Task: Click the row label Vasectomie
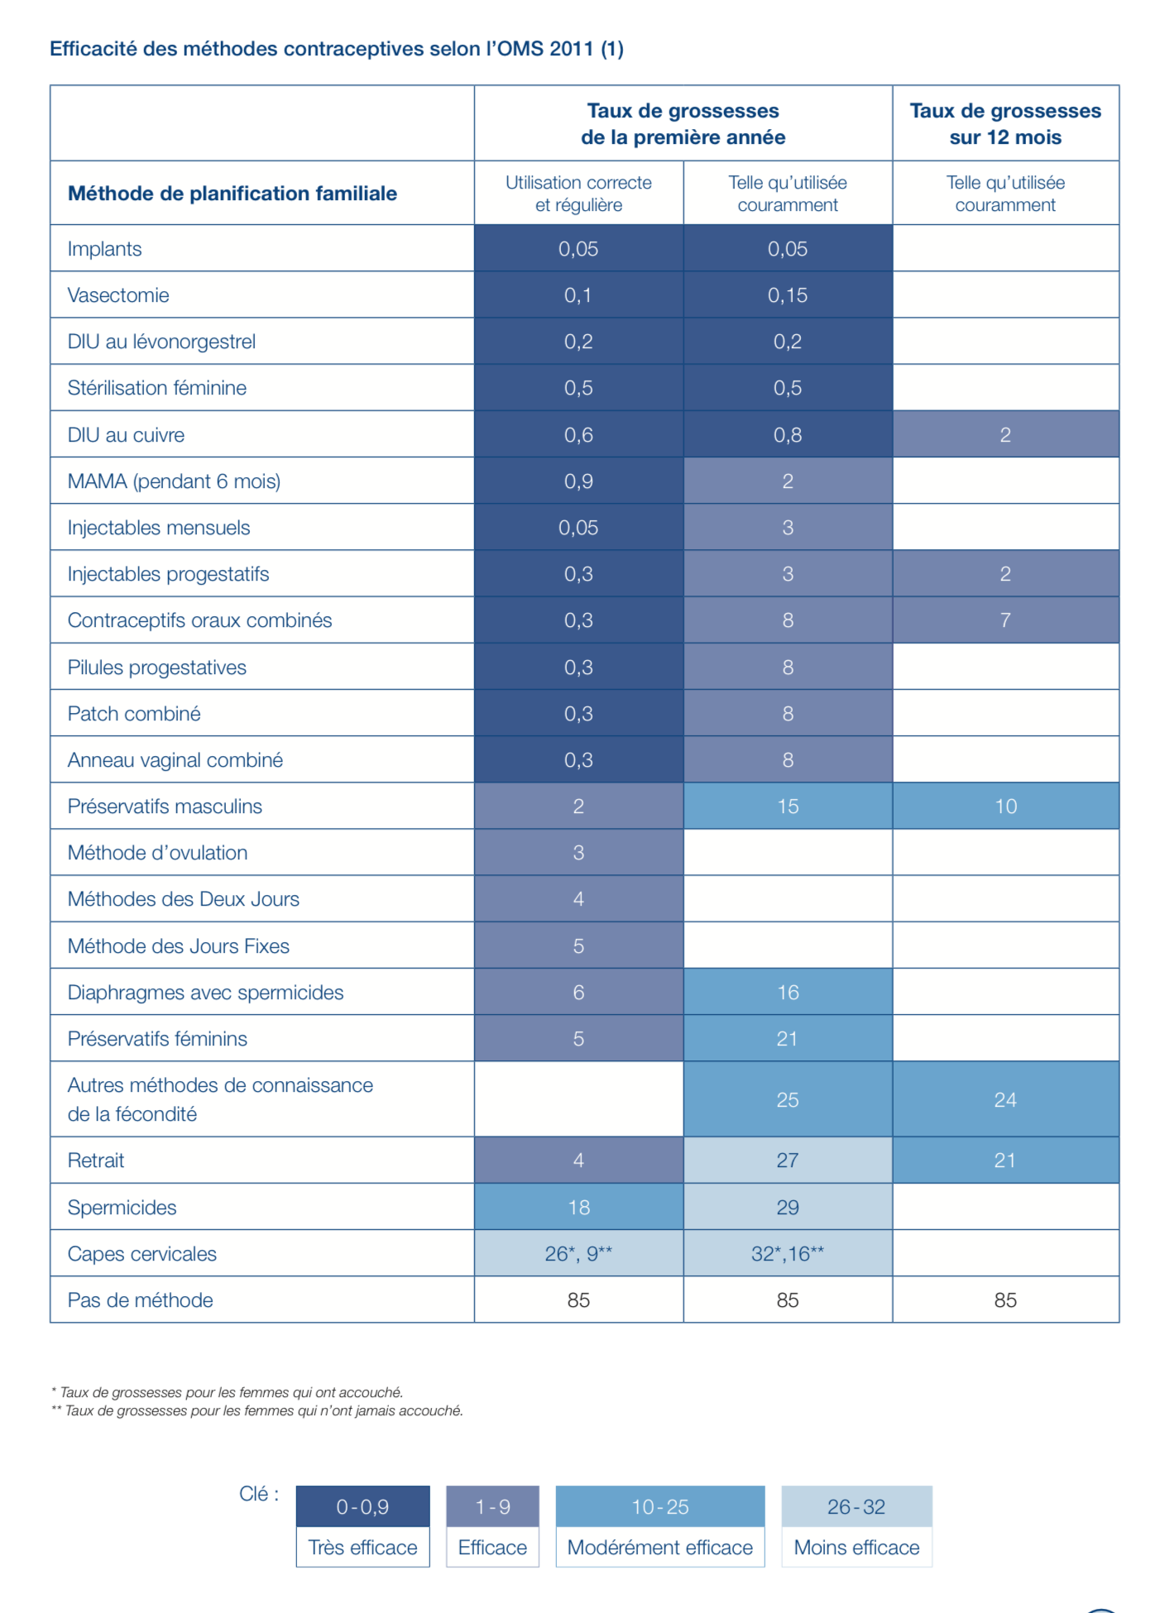tap(118, 295)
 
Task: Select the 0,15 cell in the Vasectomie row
tap(787, 295)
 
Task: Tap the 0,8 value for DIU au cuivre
tap(787, 435)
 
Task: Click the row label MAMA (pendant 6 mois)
tap(174, 481)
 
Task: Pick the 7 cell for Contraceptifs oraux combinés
tap(1004, 620)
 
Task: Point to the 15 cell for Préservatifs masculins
tap(787, 806)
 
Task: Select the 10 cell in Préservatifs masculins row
tap(1004, 806)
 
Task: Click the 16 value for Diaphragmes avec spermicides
tap(787, 993)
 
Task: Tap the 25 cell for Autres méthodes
tap(787, 1100)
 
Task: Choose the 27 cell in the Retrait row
tap(787, 1161)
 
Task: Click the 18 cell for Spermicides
tap(578, 1208)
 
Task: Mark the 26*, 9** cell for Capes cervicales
tap(578, 1254)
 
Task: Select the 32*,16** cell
tap(787, 1254)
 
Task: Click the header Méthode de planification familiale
tap(233, 194)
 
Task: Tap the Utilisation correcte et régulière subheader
tap(578, 194)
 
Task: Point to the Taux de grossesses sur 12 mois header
tap(1004, 124)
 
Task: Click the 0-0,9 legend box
tap(362, 1507)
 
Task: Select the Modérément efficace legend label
tap(659, 1548)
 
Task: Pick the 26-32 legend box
tap(856, 1507)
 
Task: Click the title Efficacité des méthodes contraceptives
tap(336, 49)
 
